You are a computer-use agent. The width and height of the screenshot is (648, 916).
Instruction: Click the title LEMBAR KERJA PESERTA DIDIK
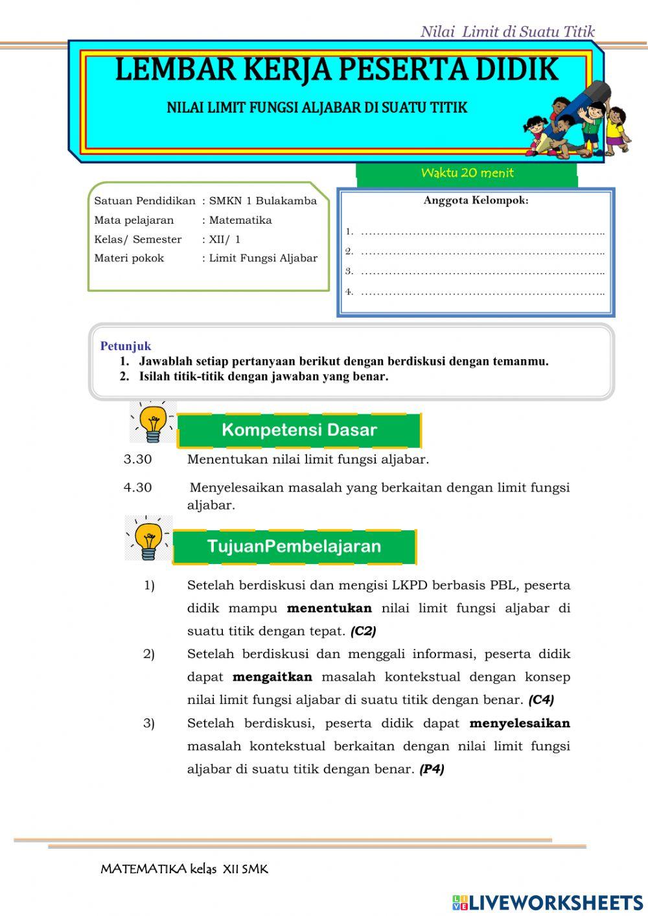coord(336,70)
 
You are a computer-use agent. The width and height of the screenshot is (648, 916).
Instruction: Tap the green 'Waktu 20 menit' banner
coord(467,173)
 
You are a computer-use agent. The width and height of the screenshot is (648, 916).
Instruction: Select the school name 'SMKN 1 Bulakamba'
coord(262,201)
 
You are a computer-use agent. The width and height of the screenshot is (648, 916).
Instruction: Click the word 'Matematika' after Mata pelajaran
coord(240,220)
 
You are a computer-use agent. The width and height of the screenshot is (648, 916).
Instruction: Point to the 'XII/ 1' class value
coord(224,239)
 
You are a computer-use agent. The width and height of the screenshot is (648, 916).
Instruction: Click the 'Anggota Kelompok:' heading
coord(476,200)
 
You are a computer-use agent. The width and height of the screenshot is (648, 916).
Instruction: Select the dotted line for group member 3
coord(482,272)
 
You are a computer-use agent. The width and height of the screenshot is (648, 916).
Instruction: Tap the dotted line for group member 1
coord(482,232)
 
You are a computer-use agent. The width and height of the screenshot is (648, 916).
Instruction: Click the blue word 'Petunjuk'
coord(126,346)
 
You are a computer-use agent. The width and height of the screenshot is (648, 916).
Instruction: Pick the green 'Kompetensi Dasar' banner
coord(299,430)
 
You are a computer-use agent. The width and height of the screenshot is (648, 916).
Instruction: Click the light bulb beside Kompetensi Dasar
coord(152,422)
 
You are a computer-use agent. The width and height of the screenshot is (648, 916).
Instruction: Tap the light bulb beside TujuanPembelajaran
coord(148,539)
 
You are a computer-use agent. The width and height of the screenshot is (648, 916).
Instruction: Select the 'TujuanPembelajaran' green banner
coord(294,546)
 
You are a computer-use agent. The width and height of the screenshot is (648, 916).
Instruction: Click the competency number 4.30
coord(137,487)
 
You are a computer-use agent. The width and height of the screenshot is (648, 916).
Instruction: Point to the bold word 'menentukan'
coord(329,609)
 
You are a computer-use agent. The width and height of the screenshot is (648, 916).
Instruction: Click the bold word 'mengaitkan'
coord(272,677)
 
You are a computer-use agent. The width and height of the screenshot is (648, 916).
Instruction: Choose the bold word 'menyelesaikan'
coord(520,723)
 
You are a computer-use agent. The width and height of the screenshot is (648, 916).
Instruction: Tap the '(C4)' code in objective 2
coord(541,700)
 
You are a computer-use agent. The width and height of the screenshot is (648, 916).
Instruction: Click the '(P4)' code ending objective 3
coord(432,769)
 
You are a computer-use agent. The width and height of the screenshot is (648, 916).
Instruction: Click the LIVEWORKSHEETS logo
coord(548,902)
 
